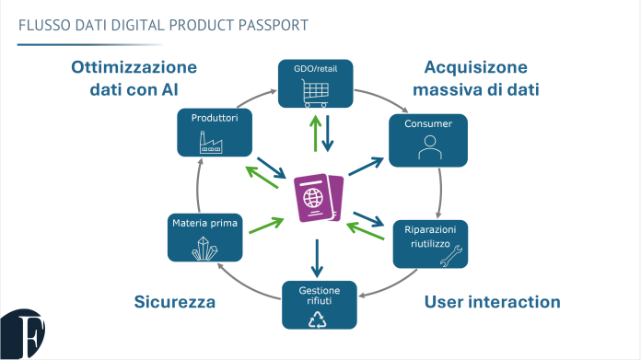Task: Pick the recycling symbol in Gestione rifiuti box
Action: point(319,318)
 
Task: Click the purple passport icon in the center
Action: point(318,198)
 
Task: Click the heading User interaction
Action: point(492,301)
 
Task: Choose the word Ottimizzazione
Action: point(134,67)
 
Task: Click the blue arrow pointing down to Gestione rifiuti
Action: point(317,257)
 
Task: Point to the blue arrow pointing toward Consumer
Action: point(367,166)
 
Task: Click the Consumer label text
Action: point(426,122)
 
